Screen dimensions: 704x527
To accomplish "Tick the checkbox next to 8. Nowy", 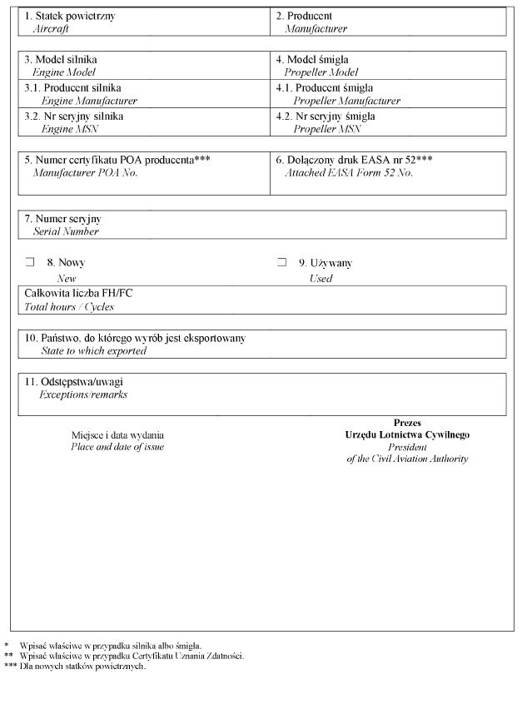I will coord(29,262).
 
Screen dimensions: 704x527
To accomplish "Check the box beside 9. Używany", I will coord(281,262).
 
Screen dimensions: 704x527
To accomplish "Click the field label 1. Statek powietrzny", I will coord(69,16).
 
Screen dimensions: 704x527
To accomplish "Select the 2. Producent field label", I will coord(304,16).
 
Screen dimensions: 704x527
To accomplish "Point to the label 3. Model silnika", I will coord(66,60).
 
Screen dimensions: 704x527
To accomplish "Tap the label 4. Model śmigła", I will coord(312,60).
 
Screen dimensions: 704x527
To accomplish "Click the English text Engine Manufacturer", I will coord(89,101).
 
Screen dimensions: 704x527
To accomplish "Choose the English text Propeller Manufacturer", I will coord(346,101).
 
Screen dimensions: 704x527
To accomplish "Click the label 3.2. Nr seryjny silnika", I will coord(73,117).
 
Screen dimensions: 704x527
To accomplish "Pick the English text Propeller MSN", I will coord(326,129).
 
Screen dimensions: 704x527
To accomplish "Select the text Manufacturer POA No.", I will coord(85,173).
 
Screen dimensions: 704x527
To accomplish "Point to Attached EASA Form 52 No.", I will coord(348,173).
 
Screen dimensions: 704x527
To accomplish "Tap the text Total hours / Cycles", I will coord(68,306).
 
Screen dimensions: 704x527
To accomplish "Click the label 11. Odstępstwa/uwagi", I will coord(75,382).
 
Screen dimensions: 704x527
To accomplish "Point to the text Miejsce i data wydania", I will coord(117,435).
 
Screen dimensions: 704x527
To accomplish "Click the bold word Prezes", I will coord(407,423).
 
